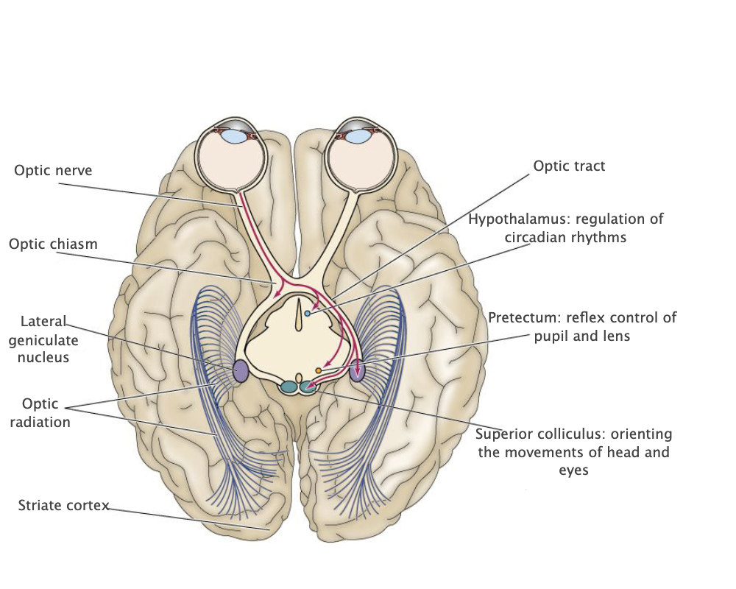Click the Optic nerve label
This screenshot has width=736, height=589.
[x=53, y=170]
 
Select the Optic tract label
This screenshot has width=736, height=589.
[x=569, y=166]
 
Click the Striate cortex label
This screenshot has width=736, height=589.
[x=63, y=506]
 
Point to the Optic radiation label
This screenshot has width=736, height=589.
[x=46, y=413]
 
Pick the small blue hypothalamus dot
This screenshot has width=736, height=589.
[x=308, y=314]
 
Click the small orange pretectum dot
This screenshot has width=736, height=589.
[x=319, y=370]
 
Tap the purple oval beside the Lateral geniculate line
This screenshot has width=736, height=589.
[x=240, y=370]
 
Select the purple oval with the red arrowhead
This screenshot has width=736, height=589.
[x=358, y=370]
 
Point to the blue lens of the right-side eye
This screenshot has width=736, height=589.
[x=358, y=136]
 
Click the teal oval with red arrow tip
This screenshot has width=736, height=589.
[x=309, y=387]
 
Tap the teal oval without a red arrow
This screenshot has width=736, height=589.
[x=289, y=387]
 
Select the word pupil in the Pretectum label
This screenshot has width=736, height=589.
[x=549, y=336]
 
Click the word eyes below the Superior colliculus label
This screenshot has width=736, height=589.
[x=573, y=470]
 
